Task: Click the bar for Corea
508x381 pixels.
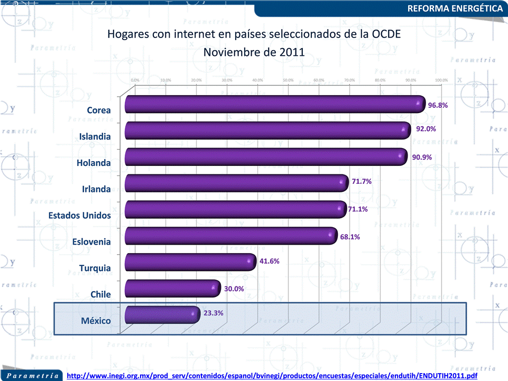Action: click(x=275, y=104)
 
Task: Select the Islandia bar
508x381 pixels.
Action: click(x=267, y=131)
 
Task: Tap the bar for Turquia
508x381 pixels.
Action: click(x=190, y=262)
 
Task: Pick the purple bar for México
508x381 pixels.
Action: click(x=162, y=315)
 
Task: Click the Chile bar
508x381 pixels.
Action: click(x=172, y=289)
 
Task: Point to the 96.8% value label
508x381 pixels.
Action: click(x=438, y=105)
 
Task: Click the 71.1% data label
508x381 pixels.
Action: click(x=358, y=209)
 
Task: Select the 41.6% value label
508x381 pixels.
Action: click(x=270, y=261)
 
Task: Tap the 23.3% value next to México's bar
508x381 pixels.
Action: click(x=214, y=313)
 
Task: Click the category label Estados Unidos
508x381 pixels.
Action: click(x=80, y=216)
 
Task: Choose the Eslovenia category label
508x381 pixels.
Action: click(x=91, y=242)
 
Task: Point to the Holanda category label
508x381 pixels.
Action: click(x=94, y=163)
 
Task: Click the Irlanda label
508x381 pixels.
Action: click(x=96, y=189)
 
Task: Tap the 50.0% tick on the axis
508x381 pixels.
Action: click(x=288, y=80)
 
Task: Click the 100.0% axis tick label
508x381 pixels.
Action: click(x=441, y=80)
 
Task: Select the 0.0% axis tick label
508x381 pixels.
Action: click(x=135, y=80)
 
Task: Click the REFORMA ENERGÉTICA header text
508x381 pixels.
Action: click(x=455, y=8)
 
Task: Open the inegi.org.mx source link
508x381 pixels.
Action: click(x=273, y=376)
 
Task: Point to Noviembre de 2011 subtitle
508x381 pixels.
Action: click(x=254, y=52)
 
